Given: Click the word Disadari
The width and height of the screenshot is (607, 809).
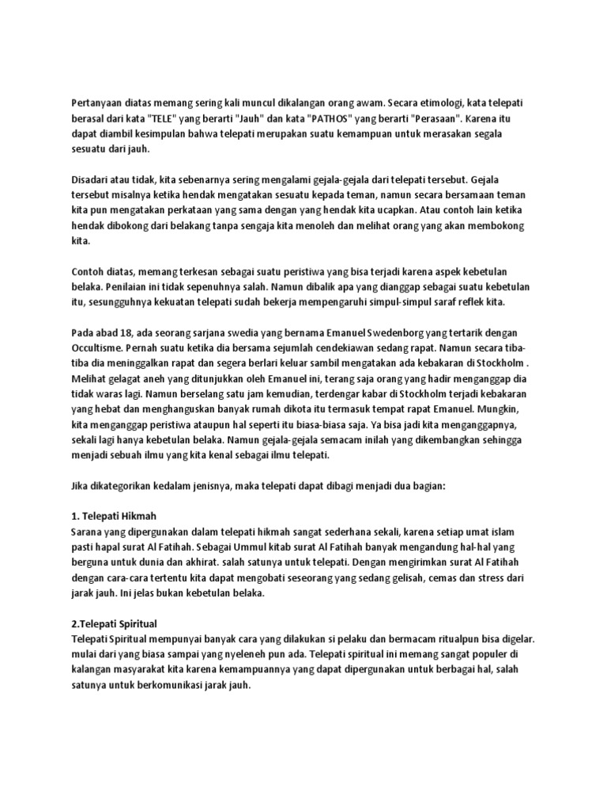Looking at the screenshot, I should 92,179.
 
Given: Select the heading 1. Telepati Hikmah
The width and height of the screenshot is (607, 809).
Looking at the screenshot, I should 115,516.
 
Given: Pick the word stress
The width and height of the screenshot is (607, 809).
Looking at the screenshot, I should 496,578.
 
